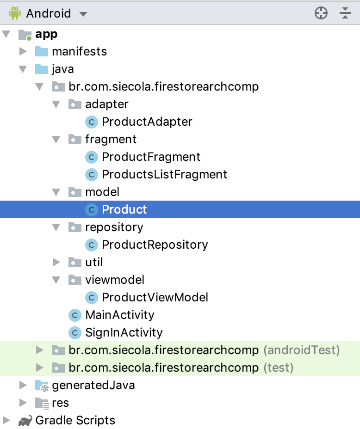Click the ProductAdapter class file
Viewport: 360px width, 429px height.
[x=147, y=122]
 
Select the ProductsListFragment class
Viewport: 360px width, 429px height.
[x=164, y=174]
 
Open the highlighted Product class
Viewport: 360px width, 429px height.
[x=124, y=209]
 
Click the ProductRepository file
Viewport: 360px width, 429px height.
[x=155, y=245]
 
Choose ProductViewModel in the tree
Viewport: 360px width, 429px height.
[x=155, y=297]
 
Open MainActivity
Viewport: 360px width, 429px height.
[x=119, y=315]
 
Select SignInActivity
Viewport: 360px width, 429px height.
[x=124, y=332]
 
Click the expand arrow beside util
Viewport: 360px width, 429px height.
[x=56, y=262]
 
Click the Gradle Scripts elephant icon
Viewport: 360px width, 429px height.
[x=25, y=421]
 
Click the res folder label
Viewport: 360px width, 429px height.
[x=60, y=403]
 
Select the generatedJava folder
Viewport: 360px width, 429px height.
[x=93, y=385]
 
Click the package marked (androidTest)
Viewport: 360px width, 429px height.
[x=204, y=350]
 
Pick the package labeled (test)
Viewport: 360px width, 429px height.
[x=180, y=368]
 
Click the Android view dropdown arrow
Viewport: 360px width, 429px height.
[x=83, y=14]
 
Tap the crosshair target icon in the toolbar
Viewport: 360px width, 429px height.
[x=321, y=13]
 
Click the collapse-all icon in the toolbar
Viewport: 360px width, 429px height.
[x=345, y=13]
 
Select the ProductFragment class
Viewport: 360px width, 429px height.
[x=151, y=157]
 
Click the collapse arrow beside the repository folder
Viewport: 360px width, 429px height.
[x=56, y=227]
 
